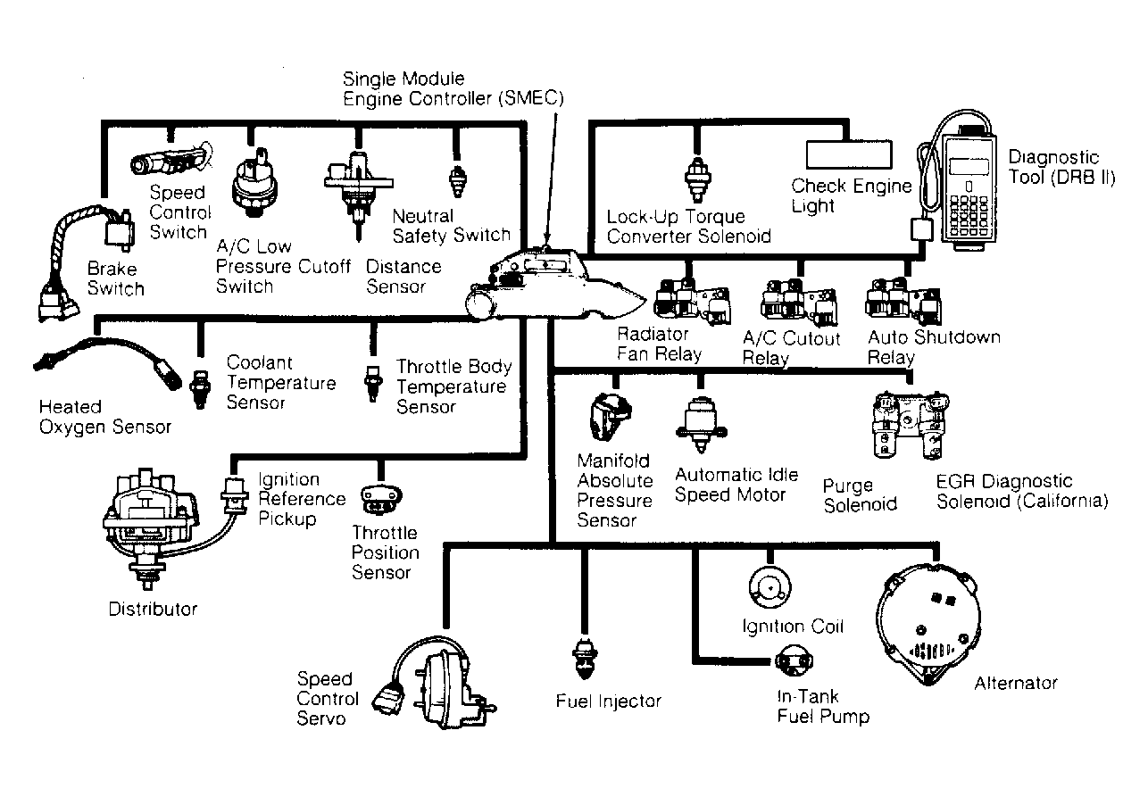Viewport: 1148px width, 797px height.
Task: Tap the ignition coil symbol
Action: pos(766,586)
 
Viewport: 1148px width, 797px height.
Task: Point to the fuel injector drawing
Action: pos(586,661)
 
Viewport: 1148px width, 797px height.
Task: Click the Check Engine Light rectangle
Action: pos(848,154)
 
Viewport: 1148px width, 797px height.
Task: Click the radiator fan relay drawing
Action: pos(688,302)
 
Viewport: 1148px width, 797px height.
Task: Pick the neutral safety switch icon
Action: pos(457,179)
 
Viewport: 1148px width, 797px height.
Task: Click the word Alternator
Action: pos(1015,684)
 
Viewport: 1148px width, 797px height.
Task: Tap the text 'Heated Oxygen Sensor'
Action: pos(104,417)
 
